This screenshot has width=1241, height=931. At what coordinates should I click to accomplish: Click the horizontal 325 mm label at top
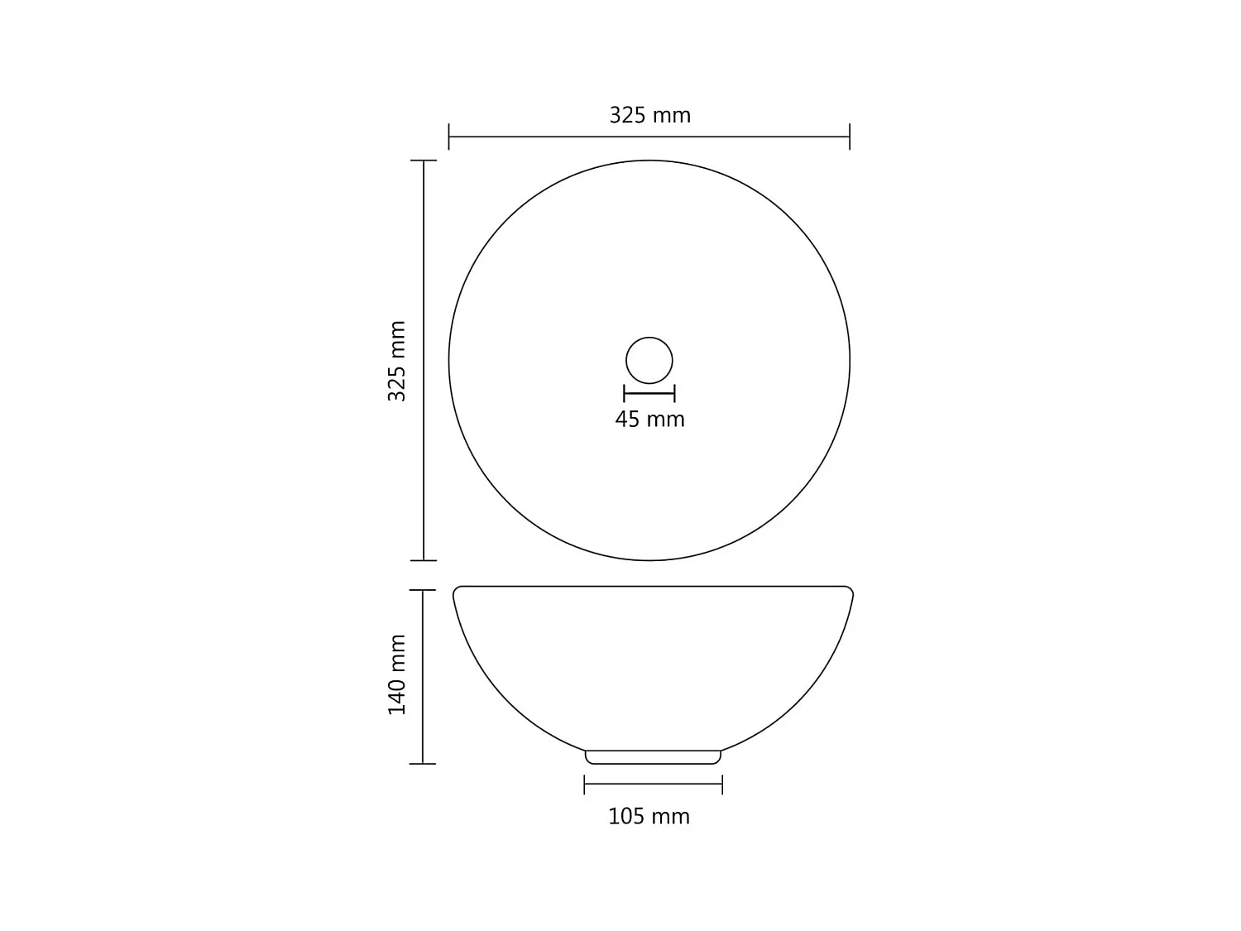649,115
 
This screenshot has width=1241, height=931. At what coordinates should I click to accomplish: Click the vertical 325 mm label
397,361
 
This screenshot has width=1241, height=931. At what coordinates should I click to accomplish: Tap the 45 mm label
649,420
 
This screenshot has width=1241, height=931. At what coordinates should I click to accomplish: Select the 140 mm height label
397,674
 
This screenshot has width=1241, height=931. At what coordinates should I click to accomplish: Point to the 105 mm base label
649,817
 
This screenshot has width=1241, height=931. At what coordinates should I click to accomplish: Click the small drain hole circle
649,361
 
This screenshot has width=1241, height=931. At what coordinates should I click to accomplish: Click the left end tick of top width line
449,137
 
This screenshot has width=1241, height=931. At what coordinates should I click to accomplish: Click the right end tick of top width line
850,137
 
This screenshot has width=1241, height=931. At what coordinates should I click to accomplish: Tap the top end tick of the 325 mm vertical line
424,161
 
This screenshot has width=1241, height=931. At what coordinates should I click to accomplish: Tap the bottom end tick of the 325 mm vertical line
424,560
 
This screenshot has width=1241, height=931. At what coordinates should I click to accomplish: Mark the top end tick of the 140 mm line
423,590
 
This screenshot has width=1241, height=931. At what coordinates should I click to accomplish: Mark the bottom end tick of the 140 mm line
423,764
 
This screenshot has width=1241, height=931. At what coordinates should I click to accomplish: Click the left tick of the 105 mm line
585,784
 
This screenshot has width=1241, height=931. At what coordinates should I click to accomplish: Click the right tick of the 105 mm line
722,784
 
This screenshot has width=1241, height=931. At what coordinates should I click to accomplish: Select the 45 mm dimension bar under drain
649,394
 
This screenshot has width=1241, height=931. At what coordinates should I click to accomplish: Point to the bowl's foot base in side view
653,757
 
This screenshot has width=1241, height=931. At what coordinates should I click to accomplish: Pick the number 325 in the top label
627,115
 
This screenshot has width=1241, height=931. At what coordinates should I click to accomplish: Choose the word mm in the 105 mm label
670,817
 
